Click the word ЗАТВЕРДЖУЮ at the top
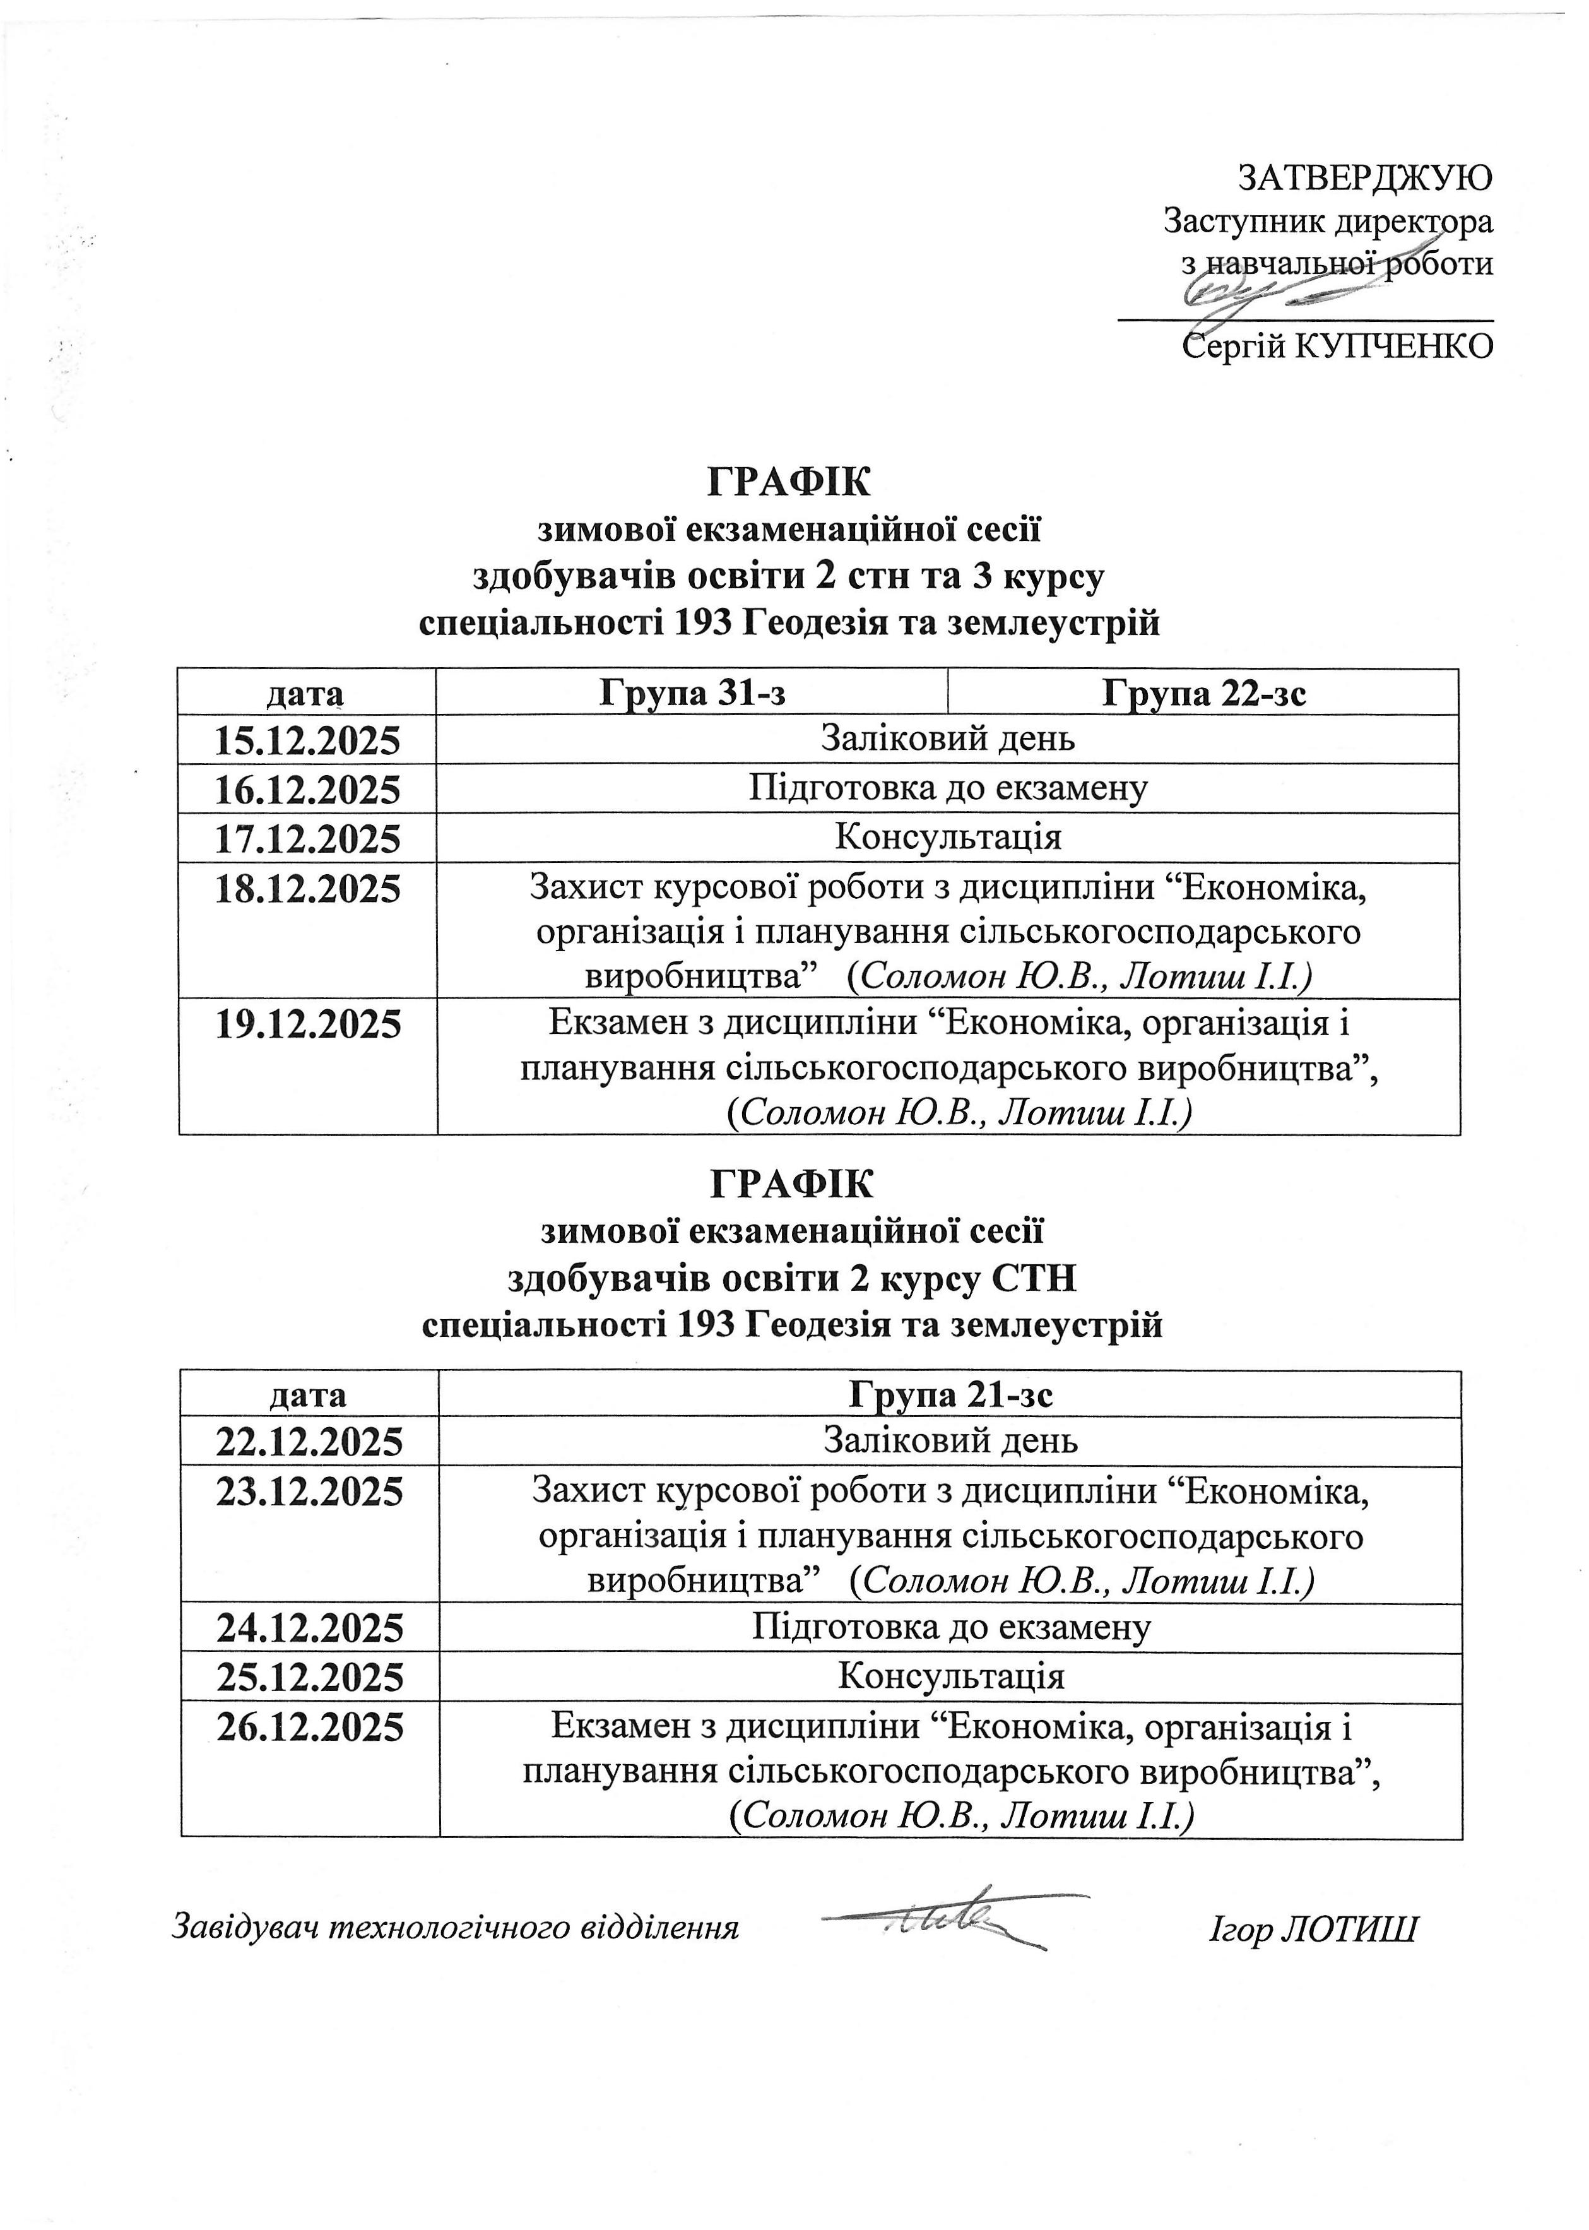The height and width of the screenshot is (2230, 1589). pyautogui.click(x=1365, y=177)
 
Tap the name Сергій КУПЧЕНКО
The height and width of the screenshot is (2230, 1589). pyautogui.click(x=1338, y=345)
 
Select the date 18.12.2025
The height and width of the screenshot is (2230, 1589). pyautogui.click(x=307, y=889)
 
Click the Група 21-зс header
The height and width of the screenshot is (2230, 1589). pyautogui.click(x=950, y=1394)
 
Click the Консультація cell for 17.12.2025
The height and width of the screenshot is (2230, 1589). pyautogui.click(x=947, y=838)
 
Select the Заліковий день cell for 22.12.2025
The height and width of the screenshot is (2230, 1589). pyautogui.click(x=950, y=1440)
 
